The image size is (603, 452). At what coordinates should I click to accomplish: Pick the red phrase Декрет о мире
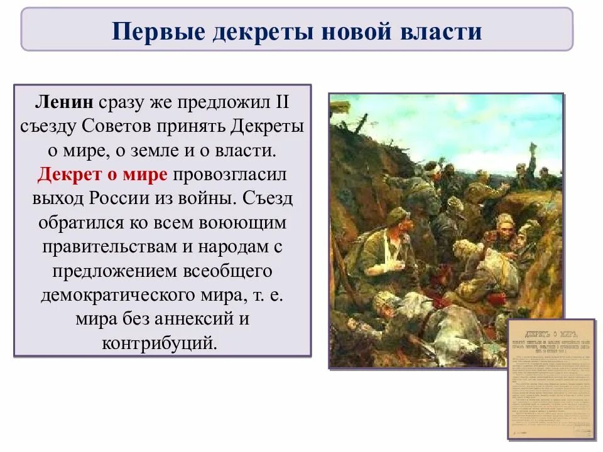[x=102, y=174]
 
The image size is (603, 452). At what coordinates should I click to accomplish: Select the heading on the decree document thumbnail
[x=551, y=326]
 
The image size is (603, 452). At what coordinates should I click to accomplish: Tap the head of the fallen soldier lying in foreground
[x=384, y=302]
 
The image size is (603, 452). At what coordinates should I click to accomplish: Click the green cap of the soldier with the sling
[x=398, y=215]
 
